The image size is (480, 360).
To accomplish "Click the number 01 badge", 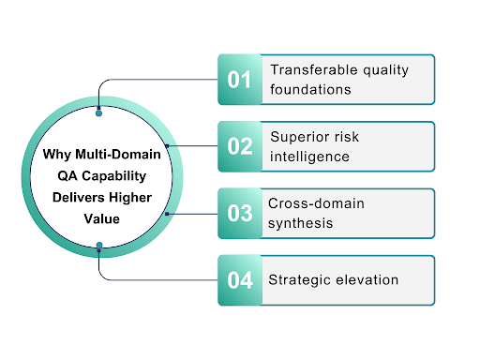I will (241, 79).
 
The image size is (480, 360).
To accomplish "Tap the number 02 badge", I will (241, 146).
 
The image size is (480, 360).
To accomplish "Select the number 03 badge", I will (241, 213).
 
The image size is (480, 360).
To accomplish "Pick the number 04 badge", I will (241, 279).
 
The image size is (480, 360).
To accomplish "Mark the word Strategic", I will (298, 279).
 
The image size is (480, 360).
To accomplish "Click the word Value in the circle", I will (99, 216).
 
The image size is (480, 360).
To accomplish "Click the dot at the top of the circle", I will (99, 112).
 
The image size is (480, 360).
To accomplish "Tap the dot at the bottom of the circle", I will (99, 247).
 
